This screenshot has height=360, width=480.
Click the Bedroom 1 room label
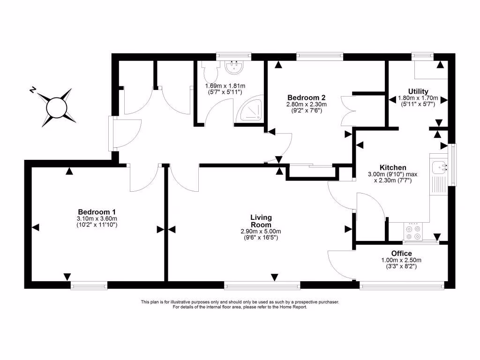[x=97, y=212]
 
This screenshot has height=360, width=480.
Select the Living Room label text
[x=261, y=221]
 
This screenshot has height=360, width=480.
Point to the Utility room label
[x=418, y=91]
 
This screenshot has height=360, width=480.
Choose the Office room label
[x=402, y=254]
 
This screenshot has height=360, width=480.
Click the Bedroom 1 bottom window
[x=89, y=285]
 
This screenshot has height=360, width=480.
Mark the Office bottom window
[x=402, y=284]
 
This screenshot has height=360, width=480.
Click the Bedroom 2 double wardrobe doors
[x=348, y=110]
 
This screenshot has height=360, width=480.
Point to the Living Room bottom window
[x=262, y=285]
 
